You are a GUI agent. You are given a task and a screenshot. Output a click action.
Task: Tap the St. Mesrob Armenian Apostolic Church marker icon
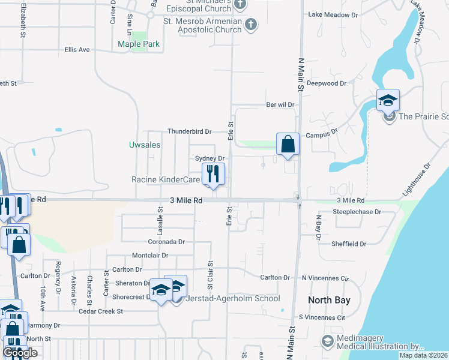(x=250, y=25)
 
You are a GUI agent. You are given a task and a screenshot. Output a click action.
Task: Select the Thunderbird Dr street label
(x=190, y=131)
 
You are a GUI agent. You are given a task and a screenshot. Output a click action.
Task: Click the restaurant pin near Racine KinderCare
(x=213, y=173)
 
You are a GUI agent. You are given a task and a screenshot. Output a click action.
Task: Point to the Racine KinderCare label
(x=166, y=179)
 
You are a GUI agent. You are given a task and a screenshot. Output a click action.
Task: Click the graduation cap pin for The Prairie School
(x=388, y=100)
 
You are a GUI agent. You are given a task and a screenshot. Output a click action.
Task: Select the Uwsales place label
(x=145, y=145)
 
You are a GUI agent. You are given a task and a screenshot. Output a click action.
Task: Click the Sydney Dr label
(x=209, y=158)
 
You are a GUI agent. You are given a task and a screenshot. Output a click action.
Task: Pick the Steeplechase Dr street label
(x=357, y=212)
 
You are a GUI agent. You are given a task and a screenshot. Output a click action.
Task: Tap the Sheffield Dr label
(x=349, y=244)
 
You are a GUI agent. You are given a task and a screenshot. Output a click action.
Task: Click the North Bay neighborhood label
(x=328, y=299)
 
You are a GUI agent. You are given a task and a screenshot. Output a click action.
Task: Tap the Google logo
(x=20, y=353)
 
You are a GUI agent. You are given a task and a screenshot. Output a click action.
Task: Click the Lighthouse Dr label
(x=417, y=179)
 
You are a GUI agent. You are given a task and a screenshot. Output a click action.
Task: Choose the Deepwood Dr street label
(x=327, y=83)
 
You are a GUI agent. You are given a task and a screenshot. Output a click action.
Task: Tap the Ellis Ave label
(x=77, y=50)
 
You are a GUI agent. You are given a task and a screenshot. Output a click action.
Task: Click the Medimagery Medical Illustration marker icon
(x=328, y=341)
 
